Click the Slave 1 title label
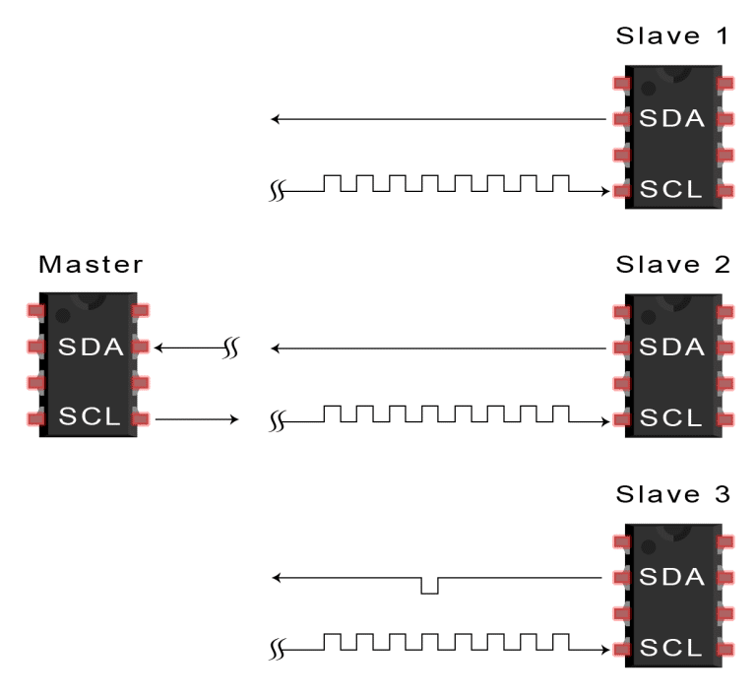[673, 37]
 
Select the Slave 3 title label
[673, 493]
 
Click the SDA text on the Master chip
[90, 348]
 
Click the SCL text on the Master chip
[90, 417]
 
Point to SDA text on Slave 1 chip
[672, 119]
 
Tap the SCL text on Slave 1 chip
[672, 189]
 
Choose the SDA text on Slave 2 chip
[672, 348]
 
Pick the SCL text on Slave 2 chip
[672, 417]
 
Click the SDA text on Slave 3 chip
[672, 577]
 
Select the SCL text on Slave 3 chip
[672, 647]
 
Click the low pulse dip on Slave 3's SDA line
[428, 588]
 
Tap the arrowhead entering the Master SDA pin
[160, 348]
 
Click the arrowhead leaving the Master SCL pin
[234, 419]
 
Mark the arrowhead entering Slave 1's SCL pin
[604, 191]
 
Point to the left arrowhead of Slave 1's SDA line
[277, 119]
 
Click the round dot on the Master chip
[63, 316]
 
